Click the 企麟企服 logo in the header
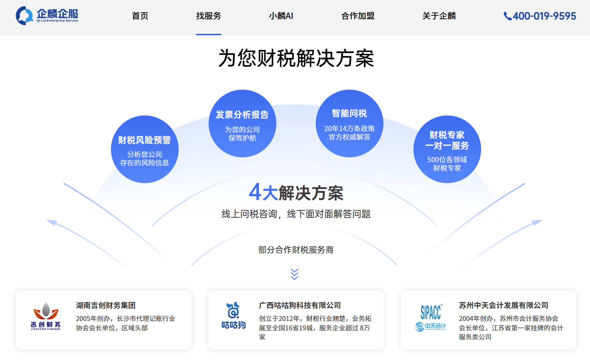[x=47, y=16]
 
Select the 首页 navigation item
[x=140, y=16]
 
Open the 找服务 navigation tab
[x=208, y=16]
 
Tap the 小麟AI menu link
[x=281, y=16]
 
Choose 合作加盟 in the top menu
[x=358, y=16]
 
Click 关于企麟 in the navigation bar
[x=439, y=16]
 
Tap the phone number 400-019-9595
[x=540, y=16]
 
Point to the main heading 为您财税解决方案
[x=296, y=58]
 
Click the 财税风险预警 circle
[x=144, y=149]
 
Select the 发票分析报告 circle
[x=242, y=123]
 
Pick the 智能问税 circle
[x=349, y=123]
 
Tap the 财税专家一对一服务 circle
[x=447, y=149]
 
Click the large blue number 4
[x=255, y=192]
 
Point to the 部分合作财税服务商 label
[x=296, y=250]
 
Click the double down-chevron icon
[x=295, y=274]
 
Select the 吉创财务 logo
[x=46, y=316]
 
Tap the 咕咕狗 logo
[x=233, y=315]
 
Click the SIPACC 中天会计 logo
[x=431, y=317]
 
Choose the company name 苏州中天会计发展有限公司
[x=503, y=306]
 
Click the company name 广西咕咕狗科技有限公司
[x=300, y=306]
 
